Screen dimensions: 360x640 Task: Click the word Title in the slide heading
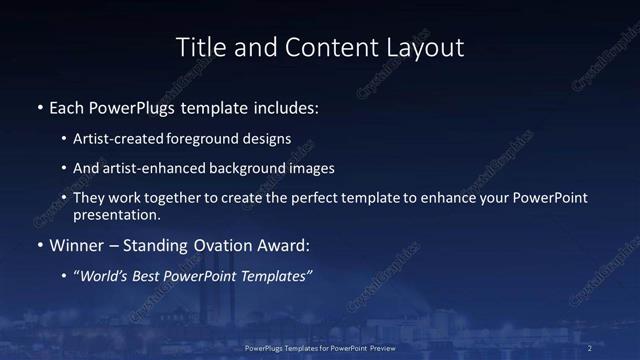200,47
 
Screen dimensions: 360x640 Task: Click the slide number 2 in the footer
590,348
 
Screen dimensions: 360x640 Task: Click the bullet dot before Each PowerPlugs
39,106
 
